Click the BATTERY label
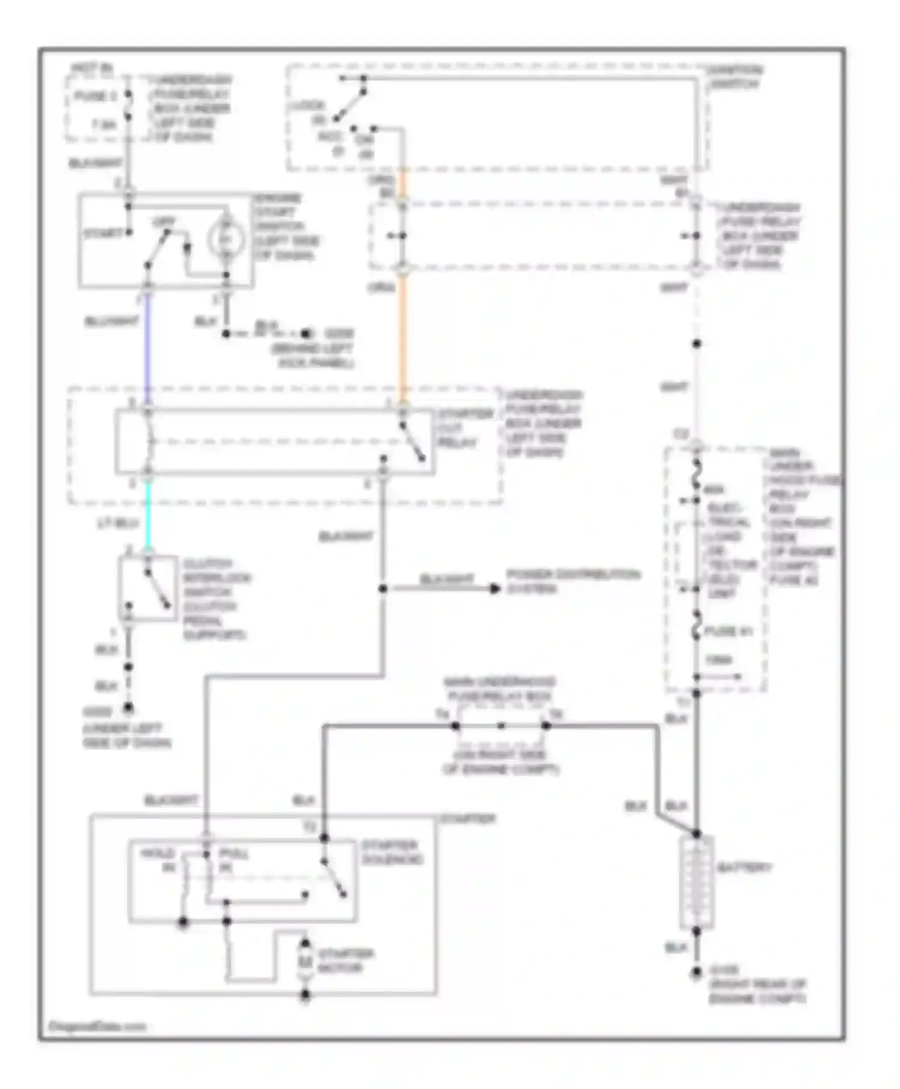coord(744,867)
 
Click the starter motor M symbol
coord(305,961)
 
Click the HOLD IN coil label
coord(158,860)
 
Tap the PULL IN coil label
coord(233,860)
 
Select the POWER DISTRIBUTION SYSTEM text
coord(573,581)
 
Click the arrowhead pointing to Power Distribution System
coord(495,589)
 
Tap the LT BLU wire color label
coord(118,523)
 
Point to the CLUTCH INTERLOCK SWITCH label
coord(217,599)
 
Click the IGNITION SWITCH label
coord(734,77)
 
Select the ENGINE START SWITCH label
coord(286,227)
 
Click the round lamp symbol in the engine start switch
coord(226,239)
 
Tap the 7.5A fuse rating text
coord(104,125)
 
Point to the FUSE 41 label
coord(728,631)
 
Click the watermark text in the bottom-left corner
coord(97,1026)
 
